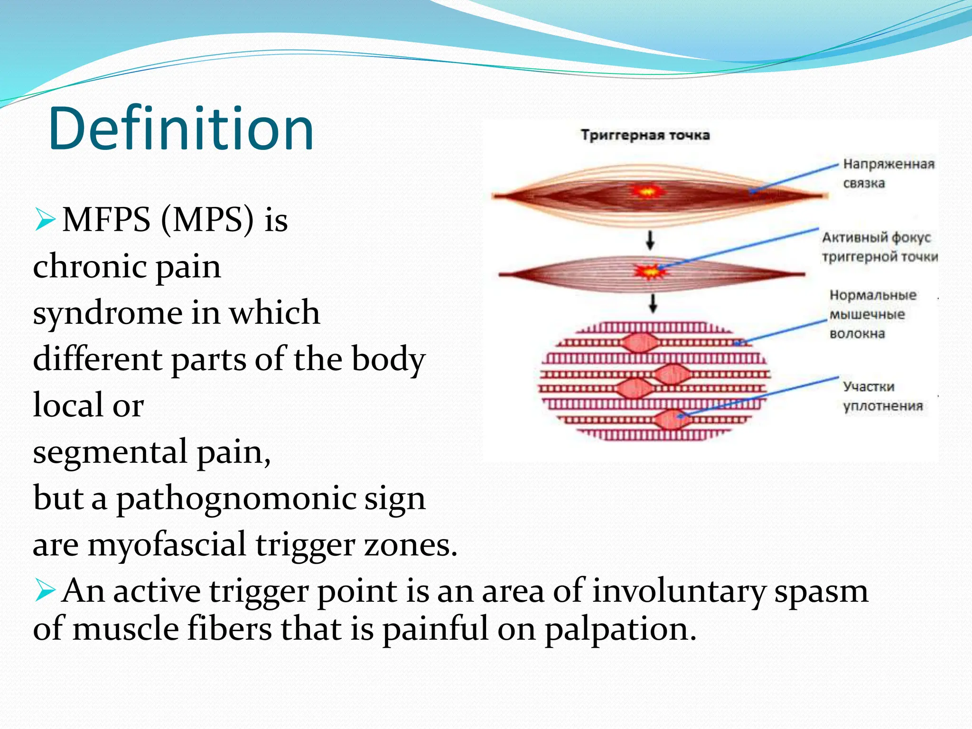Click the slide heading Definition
pyautogui.click(x=181, y=129)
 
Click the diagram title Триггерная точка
pyautogui.click(x=645, y=135)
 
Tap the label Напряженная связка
pyautogui.click(x=888, y=173)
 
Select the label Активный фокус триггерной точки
pyautogui.click(x=879, y=247)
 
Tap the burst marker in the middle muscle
pyautogui.click(x=650, y=272)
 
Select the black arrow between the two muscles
pyautogui.click(x=650, y=240)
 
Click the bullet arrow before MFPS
pyautogui.click(x=45, y=220)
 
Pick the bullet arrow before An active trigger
pyautogui.click(x=45, y=591)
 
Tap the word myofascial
pyautogui.click(x=167, y=545)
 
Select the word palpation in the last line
pyautogui.click(x=620, y=630)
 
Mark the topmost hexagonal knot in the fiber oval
pyautogui.click(x=639, y=343)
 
